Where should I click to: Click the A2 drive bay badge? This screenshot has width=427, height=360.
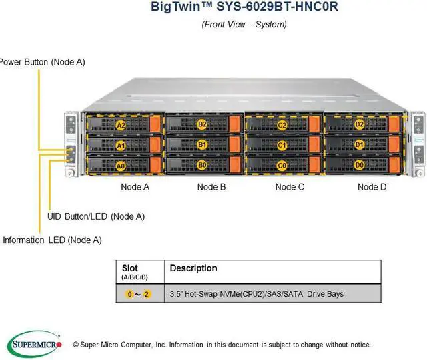pos(121,125)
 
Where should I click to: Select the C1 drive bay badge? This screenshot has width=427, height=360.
pos(282,144)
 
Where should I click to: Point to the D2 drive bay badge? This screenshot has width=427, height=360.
pos(360,124)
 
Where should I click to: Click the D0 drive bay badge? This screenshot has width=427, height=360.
pos(360,164)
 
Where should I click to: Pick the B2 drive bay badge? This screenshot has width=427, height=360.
pos(202,124)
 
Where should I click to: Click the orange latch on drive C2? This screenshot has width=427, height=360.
pos(314,124)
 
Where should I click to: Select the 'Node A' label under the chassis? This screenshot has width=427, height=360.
pos(135,187)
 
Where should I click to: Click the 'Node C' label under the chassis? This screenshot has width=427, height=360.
pos(290,187)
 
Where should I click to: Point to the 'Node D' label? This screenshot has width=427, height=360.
pos(372,187)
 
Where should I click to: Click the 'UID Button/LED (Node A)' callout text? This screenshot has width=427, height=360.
pos(96,216)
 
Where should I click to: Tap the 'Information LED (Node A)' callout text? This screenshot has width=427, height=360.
pos(52,240)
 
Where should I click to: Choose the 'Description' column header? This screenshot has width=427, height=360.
pos(193,268)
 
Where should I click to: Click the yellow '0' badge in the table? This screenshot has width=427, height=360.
pos(130,294)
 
